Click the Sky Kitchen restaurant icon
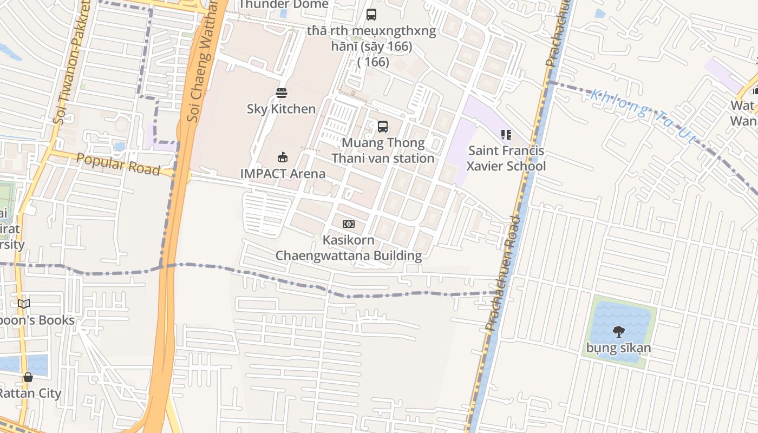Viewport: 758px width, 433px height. [281, 93]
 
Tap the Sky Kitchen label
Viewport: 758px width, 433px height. [281, 109]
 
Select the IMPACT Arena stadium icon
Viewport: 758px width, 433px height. [282, 158]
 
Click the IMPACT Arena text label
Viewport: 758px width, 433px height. [283, 174]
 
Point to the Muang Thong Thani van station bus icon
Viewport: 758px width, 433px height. [383, 127]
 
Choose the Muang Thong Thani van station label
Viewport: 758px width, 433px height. [383, 150]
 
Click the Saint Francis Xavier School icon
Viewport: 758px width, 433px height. [506, 134]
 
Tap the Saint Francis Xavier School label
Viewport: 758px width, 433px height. [506, 158]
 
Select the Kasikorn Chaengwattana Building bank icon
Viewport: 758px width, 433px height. [349, 224]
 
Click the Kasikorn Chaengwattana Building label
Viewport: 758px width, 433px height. [349, 247]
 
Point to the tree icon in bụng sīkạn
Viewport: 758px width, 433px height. [618, 331]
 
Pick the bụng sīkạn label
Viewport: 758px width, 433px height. [618, 347]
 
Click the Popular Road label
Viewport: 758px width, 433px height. [118, 164]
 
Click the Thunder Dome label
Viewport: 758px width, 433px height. [283, 5]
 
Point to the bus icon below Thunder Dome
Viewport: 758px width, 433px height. [371, 15]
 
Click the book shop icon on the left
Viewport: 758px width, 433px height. [24, 304]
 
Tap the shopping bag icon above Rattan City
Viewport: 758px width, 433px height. [28, 377]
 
